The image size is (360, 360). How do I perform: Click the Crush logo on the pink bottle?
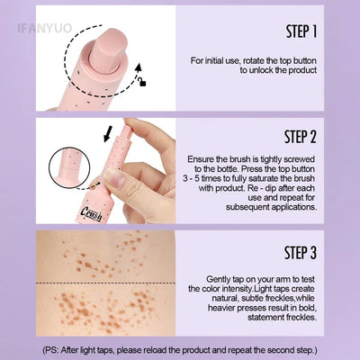(115, 211)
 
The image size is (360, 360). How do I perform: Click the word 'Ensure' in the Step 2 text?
(205, 159)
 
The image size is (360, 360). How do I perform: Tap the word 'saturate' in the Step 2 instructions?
(284, 179)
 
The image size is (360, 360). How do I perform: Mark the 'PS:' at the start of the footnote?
(53, 347)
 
